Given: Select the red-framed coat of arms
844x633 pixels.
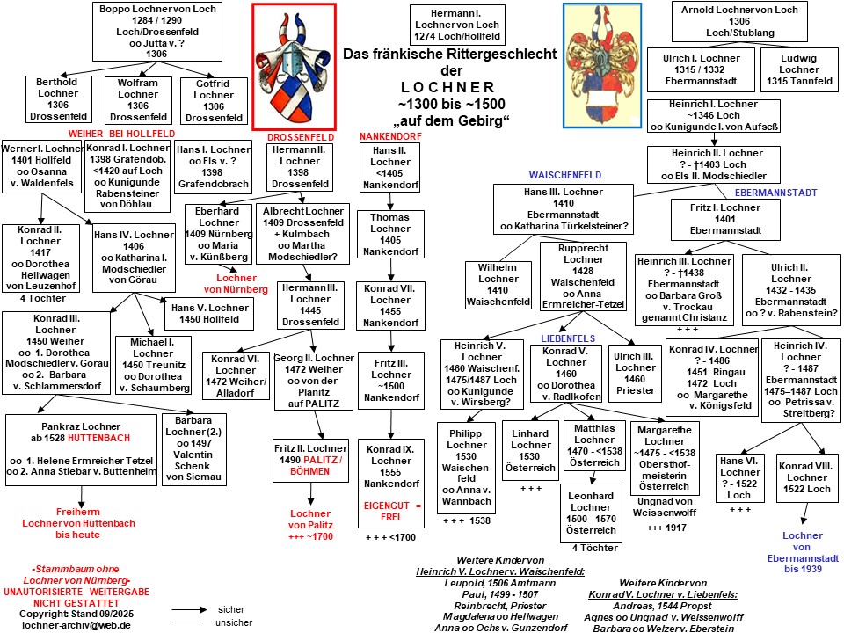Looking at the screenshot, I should click(x=294, y=66).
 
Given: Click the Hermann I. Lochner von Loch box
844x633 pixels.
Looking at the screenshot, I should click(x=455, y=25).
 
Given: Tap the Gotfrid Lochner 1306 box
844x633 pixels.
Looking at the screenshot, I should click(x=214, y=100).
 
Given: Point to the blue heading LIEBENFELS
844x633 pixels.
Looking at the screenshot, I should click(x=569, y=338).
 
